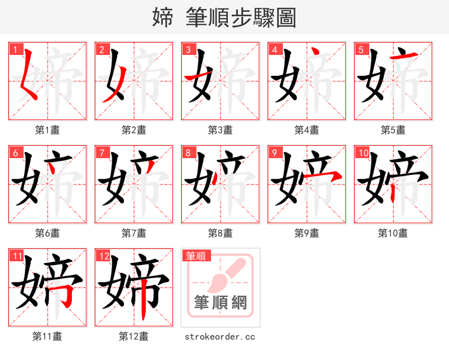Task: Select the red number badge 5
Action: [360, 49]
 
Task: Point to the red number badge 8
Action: [187, 153]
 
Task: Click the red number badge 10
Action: [362, 153]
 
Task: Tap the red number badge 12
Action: [103, 256]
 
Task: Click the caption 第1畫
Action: [48, 130]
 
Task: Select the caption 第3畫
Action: [221, 130]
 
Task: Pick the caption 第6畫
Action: [48, 233]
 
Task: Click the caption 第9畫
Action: [307, 233]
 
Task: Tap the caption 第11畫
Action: [48, 336]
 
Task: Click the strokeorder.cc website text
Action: [221, 336]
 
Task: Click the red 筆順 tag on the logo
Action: [196, 256]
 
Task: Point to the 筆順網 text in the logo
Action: [221, 303]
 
